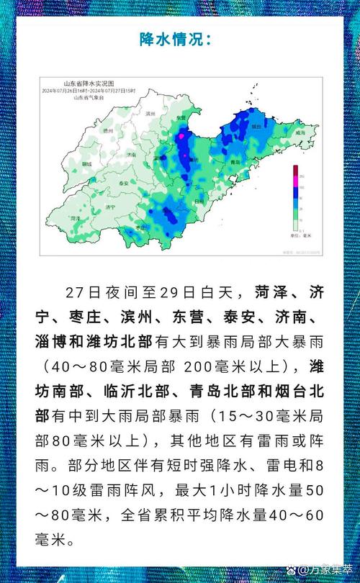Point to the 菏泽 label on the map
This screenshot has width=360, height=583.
(73, 217)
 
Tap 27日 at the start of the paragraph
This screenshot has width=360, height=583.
(79, 293)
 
